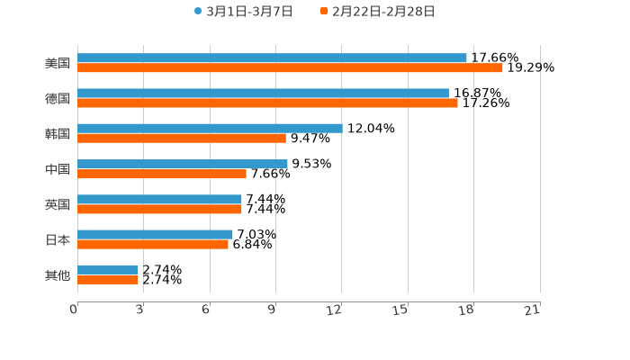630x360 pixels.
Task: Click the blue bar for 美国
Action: click(272, 58)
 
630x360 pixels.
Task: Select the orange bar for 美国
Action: click(290, 67)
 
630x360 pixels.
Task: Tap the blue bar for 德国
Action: click(263, 93)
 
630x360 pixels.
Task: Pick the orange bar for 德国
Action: click(267, 103)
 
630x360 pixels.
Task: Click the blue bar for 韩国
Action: click(210, 128)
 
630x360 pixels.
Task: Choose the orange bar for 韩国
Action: click(182, 138)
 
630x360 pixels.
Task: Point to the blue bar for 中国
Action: click(183, 164)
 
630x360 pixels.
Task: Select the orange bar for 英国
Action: click(159, 209)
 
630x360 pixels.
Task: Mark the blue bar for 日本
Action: click(155, 234)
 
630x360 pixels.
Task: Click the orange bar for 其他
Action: click(108, 279)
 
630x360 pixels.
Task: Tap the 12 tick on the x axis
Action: click(336, 310)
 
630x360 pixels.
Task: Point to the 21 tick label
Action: click(533, 310)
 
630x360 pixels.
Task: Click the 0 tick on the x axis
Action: click(74, 310)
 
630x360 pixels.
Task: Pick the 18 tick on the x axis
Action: click(467, 310)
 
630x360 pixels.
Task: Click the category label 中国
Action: click(58, 169)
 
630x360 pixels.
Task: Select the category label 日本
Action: click(58, 239)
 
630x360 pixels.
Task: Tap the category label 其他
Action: click(58, 274)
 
